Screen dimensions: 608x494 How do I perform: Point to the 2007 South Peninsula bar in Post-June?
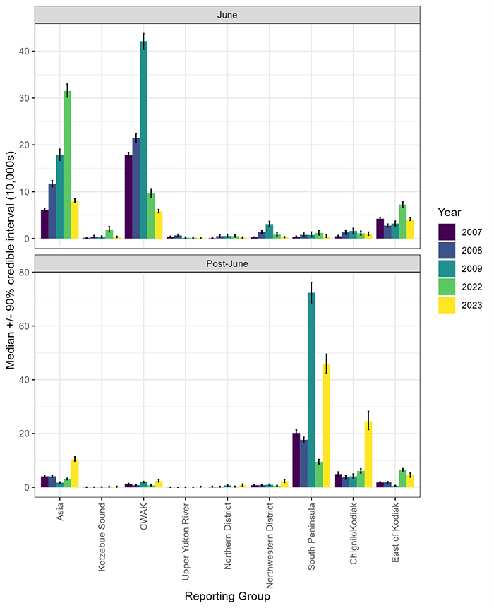(x=296, y=460)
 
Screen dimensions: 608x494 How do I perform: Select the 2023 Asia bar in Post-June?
(x=75, y=473)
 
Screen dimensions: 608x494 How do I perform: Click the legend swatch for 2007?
(x=447, y=232)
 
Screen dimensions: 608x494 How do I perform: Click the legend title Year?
(x=450, y=212)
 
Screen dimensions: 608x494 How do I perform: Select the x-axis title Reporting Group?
(x=228, y=597)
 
